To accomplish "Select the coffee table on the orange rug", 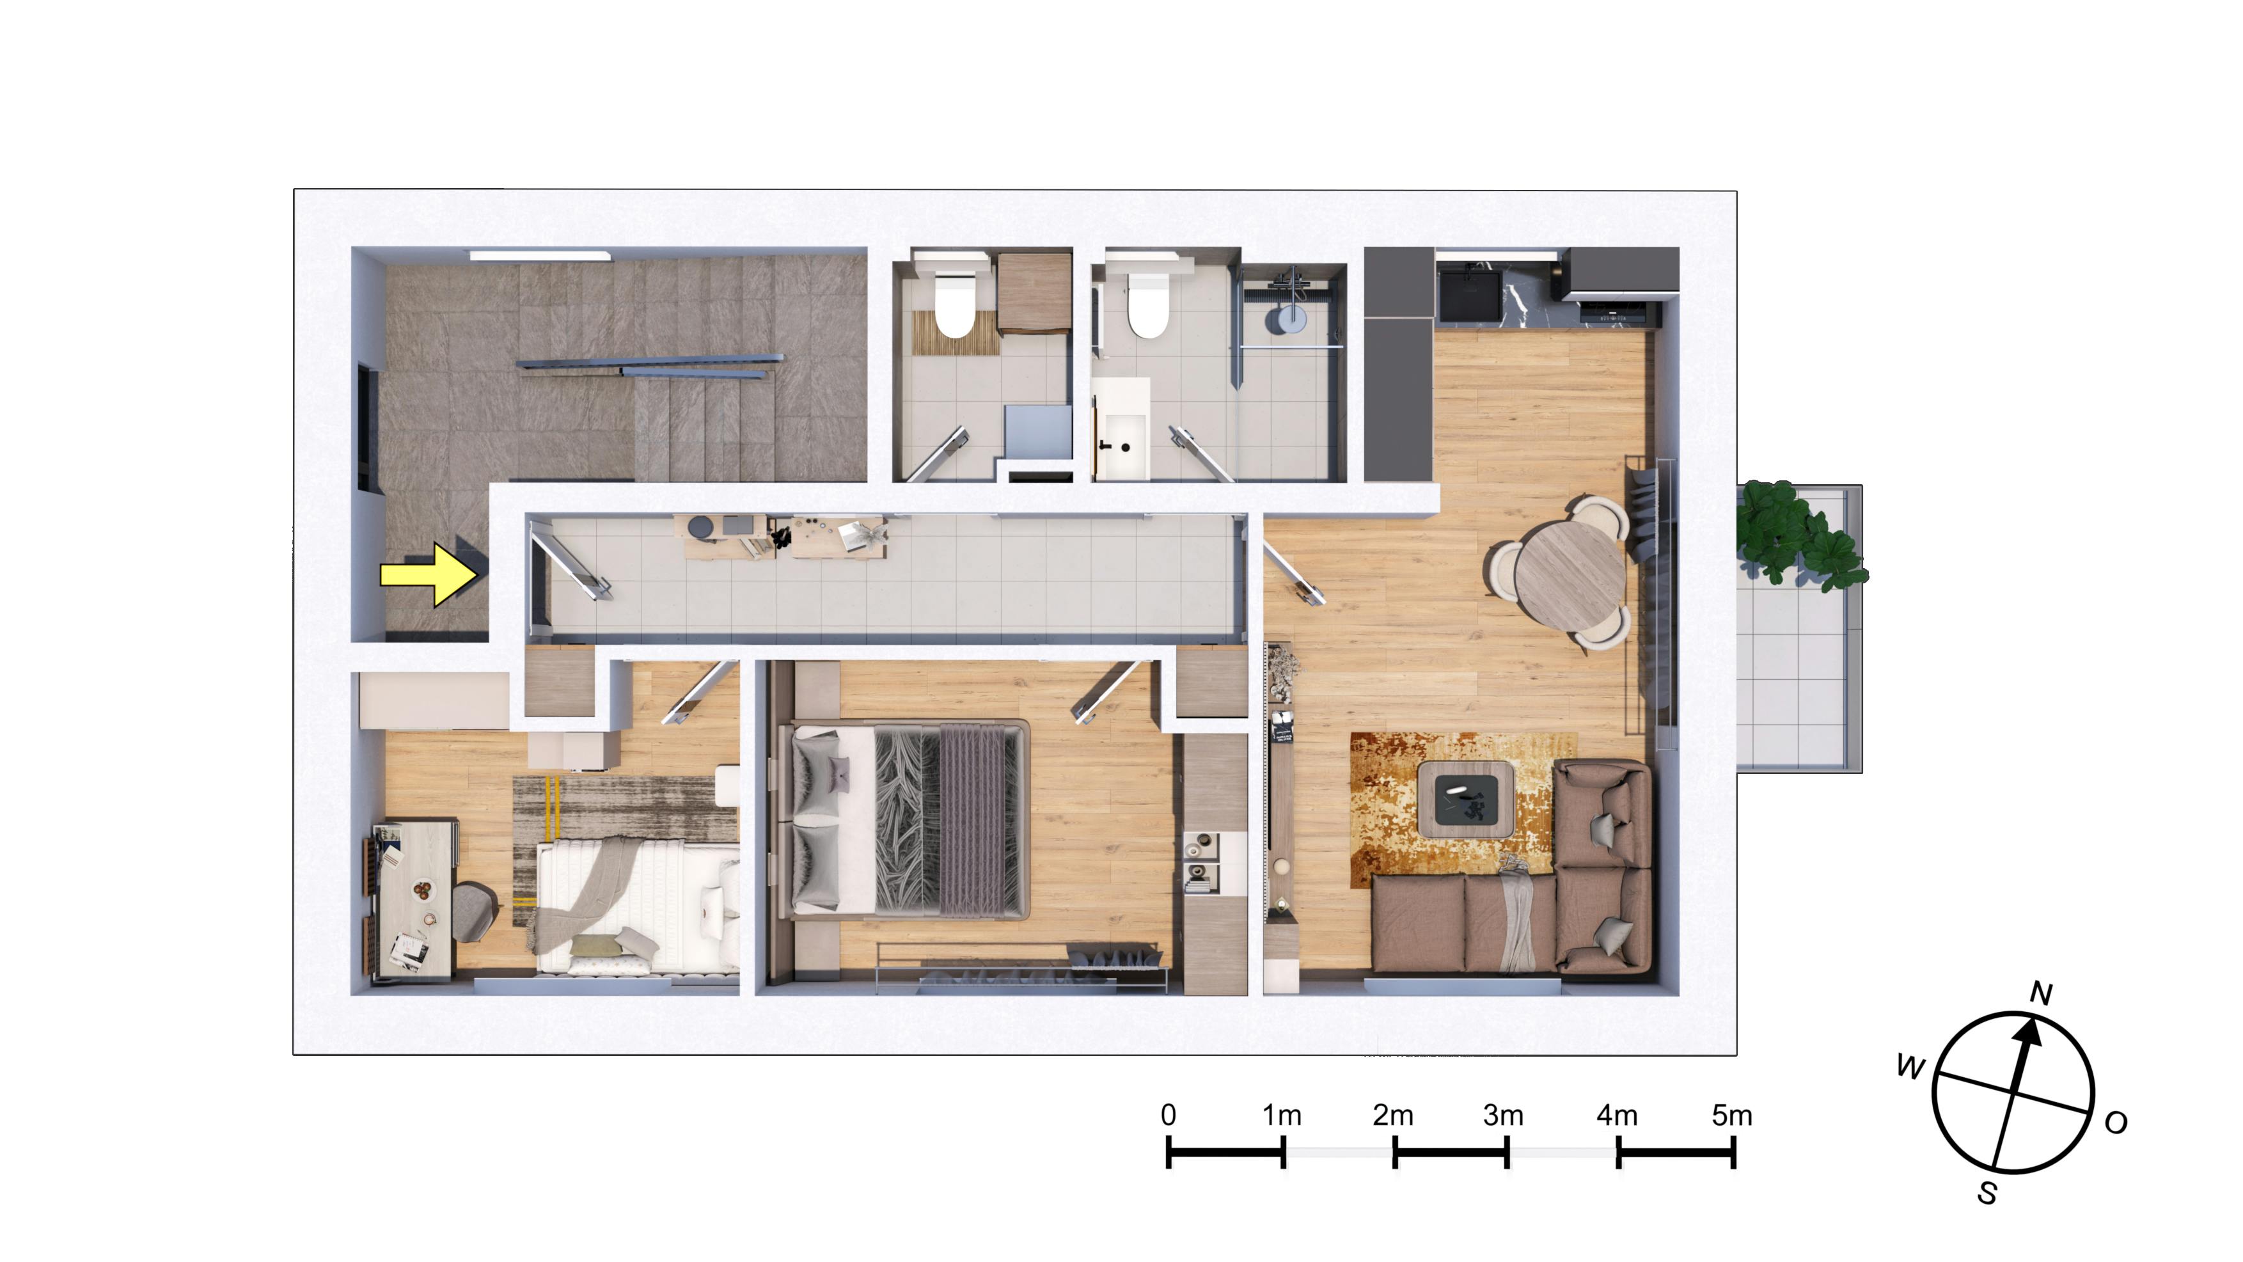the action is coord(1463,799).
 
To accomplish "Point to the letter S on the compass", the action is coord(1987,1192).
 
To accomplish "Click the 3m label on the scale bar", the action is coord(1504,1115).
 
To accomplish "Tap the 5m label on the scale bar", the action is coord(1732,1115).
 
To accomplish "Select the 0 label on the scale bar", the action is coord(1169,1115).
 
